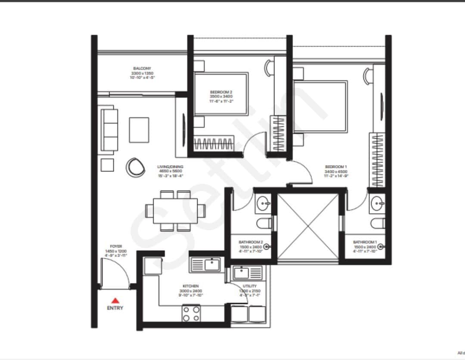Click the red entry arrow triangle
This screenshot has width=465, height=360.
(x=115, y=301)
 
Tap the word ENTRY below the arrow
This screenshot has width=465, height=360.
(x=115, y=308)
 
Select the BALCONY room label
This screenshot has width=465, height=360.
(x=142, y=69)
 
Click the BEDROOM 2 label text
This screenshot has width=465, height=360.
(x=221, y=92)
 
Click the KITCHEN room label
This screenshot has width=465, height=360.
(x=190, y=286)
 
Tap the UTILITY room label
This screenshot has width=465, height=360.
(x=249, y=286)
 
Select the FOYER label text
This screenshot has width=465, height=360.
(x=116, y=246)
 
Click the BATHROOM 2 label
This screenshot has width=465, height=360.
(x=251, y=243)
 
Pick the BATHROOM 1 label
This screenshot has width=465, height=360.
(x=365, y=243)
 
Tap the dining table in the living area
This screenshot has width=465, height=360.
(x=175, y=211)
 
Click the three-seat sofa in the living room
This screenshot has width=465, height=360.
(x=109, y=130)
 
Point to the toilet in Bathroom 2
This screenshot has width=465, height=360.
(x=264, y=223)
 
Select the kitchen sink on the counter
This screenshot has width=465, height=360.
(x=211, y=264)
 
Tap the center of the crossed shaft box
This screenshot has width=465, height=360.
(x=308, y=227)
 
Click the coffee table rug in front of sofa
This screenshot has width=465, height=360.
(x=139, y=129)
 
